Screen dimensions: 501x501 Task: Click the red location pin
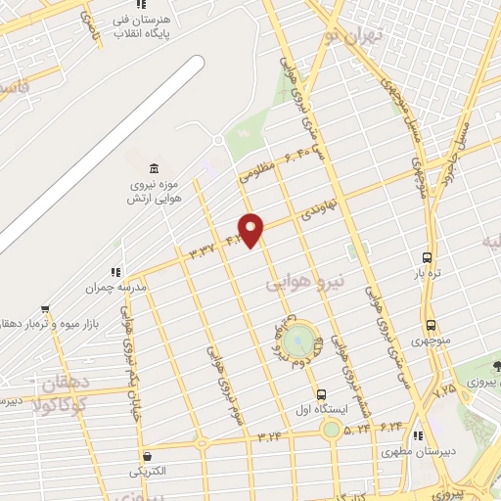click(x=251, y=229)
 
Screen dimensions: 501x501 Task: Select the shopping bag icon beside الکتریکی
click(x=147, y=456)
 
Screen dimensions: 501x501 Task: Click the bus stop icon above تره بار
click(x=428, y=256)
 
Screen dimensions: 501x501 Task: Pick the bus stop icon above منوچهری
click(x=431, y=325)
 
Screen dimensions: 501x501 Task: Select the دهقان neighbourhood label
click(x=60, y=385)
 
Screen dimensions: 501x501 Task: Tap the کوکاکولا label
click(x=61, y=404)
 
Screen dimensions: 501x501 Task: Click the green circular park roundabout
click(x=303, y=342)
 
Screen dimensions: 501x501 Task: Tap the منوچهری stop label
click(x=431, y=342)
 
